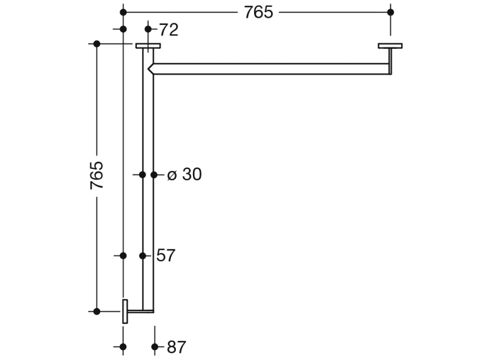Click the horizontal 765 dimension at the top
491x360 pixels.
coord(258,13)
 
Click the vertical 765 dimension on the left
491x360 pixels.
coord(96,175)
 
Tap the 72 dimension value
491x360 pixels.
coord(169,30)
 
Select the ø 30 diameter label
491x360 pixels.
coord(184,175)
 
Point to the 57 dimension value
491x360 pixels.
coord(166,256)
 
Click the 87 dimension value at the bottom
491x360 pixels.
coord(176,347)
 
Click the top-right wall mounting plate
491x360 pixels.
coord(390,46)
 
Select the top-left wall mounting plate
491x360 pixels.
coord(148,46)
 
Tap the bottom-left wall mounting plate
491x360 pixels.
coord(125,311)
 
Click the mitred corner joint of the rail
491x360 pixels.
coord(151,68)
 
